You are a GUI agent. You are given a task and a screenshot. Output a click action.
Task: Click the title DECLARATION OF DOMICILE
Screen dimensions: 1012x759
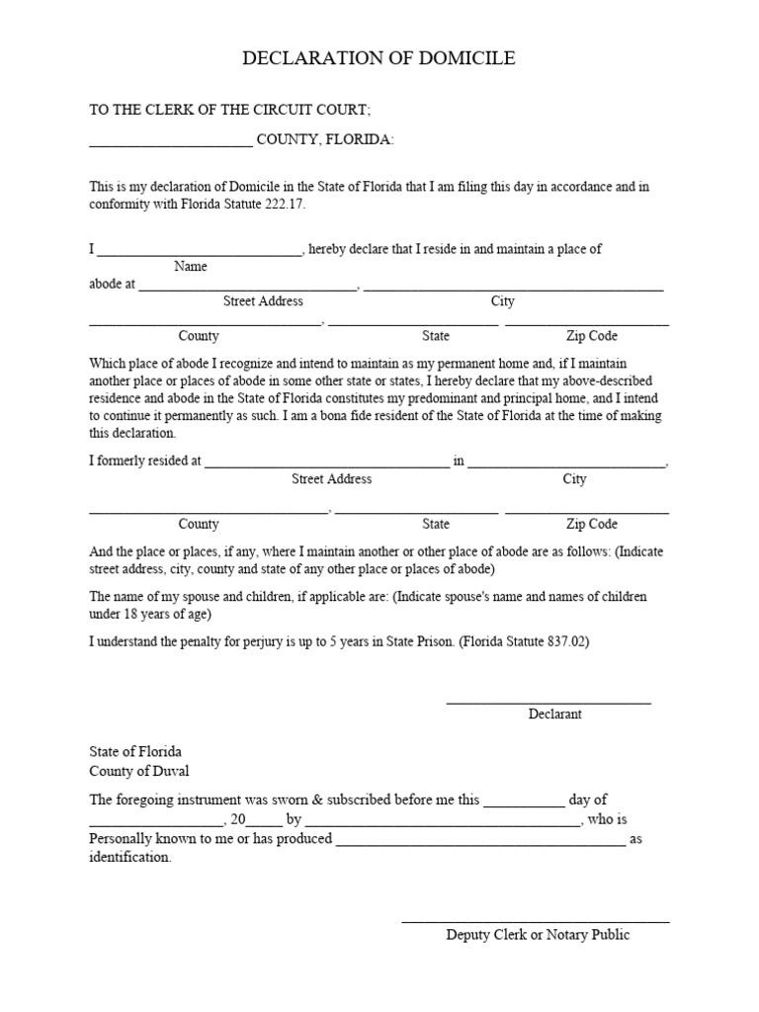click(379, 59)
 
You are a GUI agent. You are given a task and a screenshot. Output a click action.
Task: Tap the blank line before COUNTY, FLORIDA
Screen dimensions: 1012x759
click(171, 144)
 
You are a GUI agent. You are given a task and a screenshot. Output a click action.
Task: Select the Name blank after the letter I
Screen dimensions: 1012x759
click(199, 254)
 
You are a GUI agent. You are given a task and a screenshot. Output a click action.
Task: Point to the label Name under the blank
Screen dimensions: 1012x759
click(191, 267)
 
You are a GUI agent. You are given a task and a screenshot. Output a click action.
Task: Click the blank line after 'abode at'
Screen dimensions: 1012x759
click(247, 289)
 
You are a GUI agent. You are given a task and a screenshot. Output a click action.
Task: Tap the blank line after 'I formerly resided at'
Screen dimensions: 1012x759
click(326, 465)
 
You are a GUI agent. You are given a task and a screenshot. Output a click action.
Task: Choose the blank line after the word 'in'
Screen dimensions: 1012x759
click(567, 465)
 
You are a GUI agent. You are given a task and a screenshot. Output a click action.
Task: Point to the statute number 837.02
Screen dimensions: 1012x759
click(567, 641)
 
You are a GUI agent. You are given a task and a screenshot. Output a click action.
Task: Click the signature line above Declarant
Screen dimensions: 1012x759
click(548, 702)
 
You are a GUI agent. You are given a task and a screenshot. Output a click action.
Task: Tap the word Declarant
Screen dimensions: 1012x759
click(554, 715)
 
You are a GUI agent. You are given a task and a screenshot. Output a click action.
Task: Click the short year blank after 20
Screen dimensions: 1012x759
click(264, 824)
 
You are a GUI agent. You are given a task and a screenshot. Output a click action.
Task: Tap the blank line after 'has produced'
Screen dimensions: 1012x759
click(480, 844)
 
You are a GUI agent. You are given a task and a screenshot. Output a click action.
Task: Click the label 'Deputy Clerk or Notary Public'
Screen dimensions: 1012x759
click(538, 935)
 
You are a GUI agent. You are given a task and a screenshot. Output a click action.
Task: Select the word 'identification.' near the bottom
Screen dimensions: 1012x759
click(130, 858)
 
